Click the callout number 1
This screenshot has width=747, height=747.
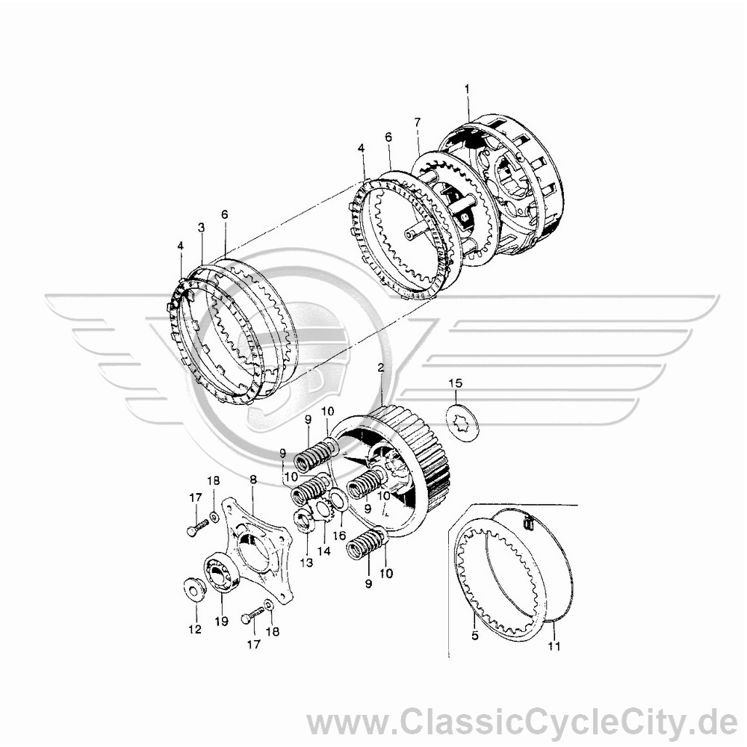(467, 89)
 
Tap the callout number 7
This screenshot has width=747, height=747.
(418, 122)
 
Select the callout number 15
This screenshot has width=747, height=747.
(455, 383)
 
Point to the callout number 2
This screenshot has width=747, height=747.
(380, 368)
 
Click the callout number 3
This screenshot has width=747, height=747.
(201, 228)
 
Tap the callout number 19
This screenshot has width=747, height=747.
(222, 621)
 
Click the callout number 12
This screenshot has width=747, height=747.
(195, 629)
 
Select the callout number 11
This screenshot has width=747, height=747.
(554, 646)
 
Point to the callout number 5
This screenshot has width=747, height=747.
(474, 636)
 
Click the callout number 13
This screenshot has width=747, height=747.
(307, 562)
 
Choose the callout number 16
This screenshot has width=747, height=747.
(339, 536)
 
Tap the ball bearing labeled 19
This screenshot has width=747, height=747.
(222, 574)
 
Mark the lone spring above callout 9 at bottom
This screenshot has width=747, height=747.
(368, 544)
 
